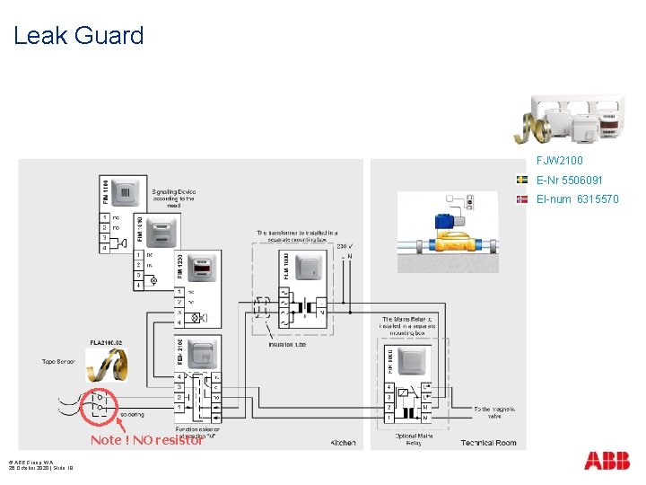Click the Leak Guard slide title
click(79, 36)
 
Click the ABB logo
click(607, 461)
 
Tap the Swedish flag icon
click(521, 180)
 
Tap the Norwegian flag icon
click(521, 198)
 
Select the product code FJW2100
click(559, 161)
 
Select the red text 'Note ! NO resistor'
click(146, 440)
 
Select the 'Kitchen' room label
click(343, 442)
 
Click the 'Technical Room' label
click(488, 442)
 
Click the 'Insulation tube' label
click(287, 344)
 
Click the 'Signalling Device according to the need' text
click(173, 198)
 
